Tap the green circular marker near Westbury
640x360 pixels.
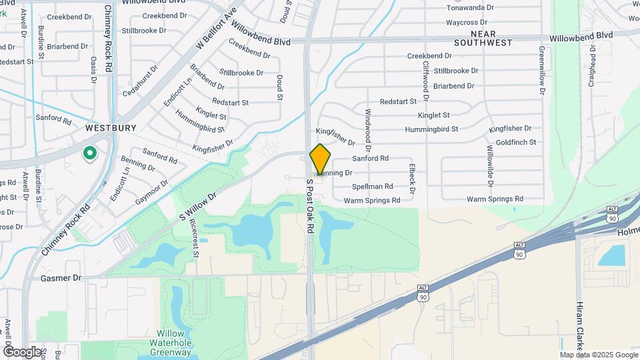pos(89,154)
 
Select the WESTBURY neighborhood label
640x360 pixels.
pos(111,127)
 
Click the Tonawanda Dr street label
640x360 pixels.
pos(470,8)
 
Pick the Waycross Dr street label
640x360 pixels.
pos(471,22)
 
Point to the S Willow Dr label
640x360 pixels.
pos(198,208)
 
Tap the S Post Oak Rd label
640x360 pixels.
pos(310,205)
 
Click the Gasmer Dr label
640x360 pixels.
pos(61,277)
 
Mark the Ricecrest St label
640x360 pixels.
pos(194,237)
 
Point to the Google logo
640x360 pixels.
pos(22,351)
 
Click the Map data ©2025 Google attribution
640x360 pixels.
pos(599,354)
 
